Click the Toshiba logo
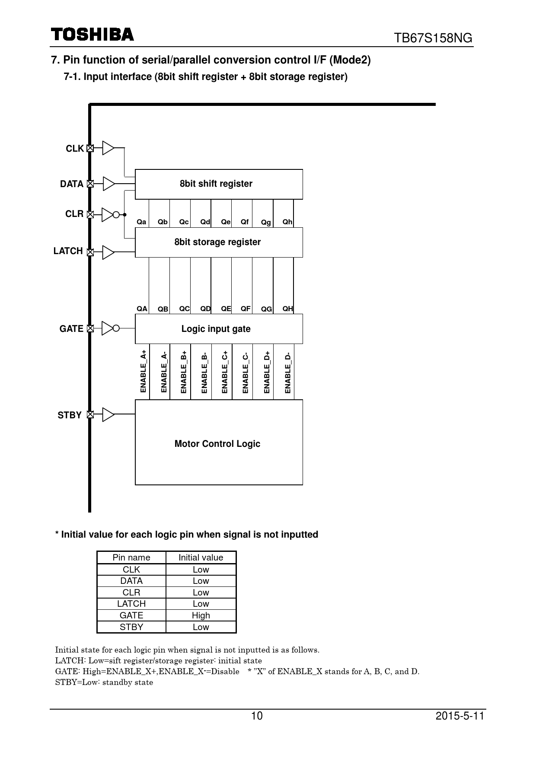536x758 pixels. (92, 35)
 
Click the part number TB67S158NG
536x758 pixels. (433, 38)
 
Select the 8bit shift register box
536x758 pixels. (219, 184)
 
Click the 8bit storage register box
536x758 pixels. (219, 242)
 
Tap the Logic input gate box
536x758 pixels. (219, 329)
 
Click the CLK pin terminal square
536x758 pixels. (90, 148)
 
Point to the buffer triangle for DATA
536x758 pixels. (108, 184)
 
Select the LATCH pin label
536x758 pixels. (68, 251)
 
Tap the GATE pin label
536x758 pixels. (71, 329)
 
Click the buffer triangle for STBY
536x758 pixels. (108, 414)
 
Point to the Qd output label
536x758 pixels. (205, 222)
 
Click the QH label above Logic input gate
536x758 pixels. (287, 309)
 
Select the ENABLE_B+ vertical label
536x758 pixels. (184, 372)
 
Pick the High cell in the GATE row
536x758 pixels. (201, 615)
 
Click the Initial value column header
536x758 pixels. (201, 557)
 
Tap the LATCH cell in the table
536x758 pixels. (131, 604)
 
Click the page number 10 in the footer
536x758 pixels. (257, 716)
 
